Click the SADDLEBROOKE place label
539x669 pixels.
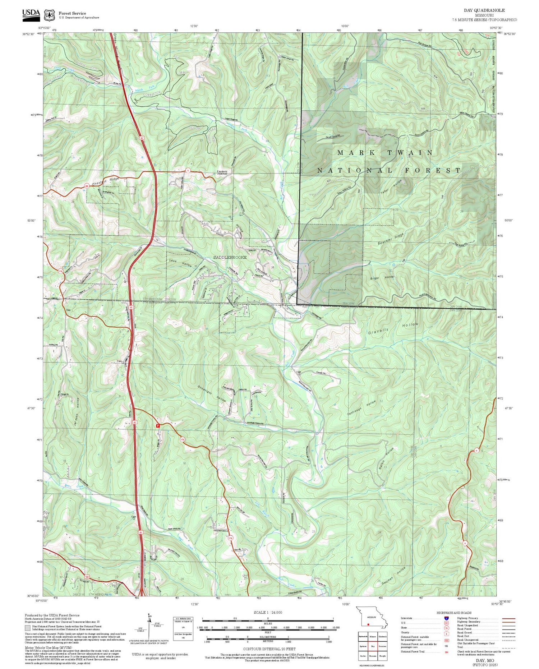pyautogui.click(x=230, y=258)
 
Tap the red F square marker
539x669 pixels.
pyautogui.click(x=157, y=425)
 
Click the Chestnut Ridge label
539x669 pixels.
pyautogui.click(x=105, y=181)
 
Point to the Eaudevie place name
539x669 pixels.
pyautogui.click(x=222, y=172)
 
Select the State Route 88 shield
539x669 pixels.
pyautogui.click(x=87, y=186)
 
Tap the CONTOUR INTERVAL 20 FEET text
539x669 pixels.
pyautogui.click(x=269, y=649)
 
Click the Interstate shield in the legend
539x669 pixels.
pyautogui.click(x=446, y=618)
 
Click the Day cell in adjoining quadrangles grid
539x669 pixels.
pyautogui.click(x=373, y=646)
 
